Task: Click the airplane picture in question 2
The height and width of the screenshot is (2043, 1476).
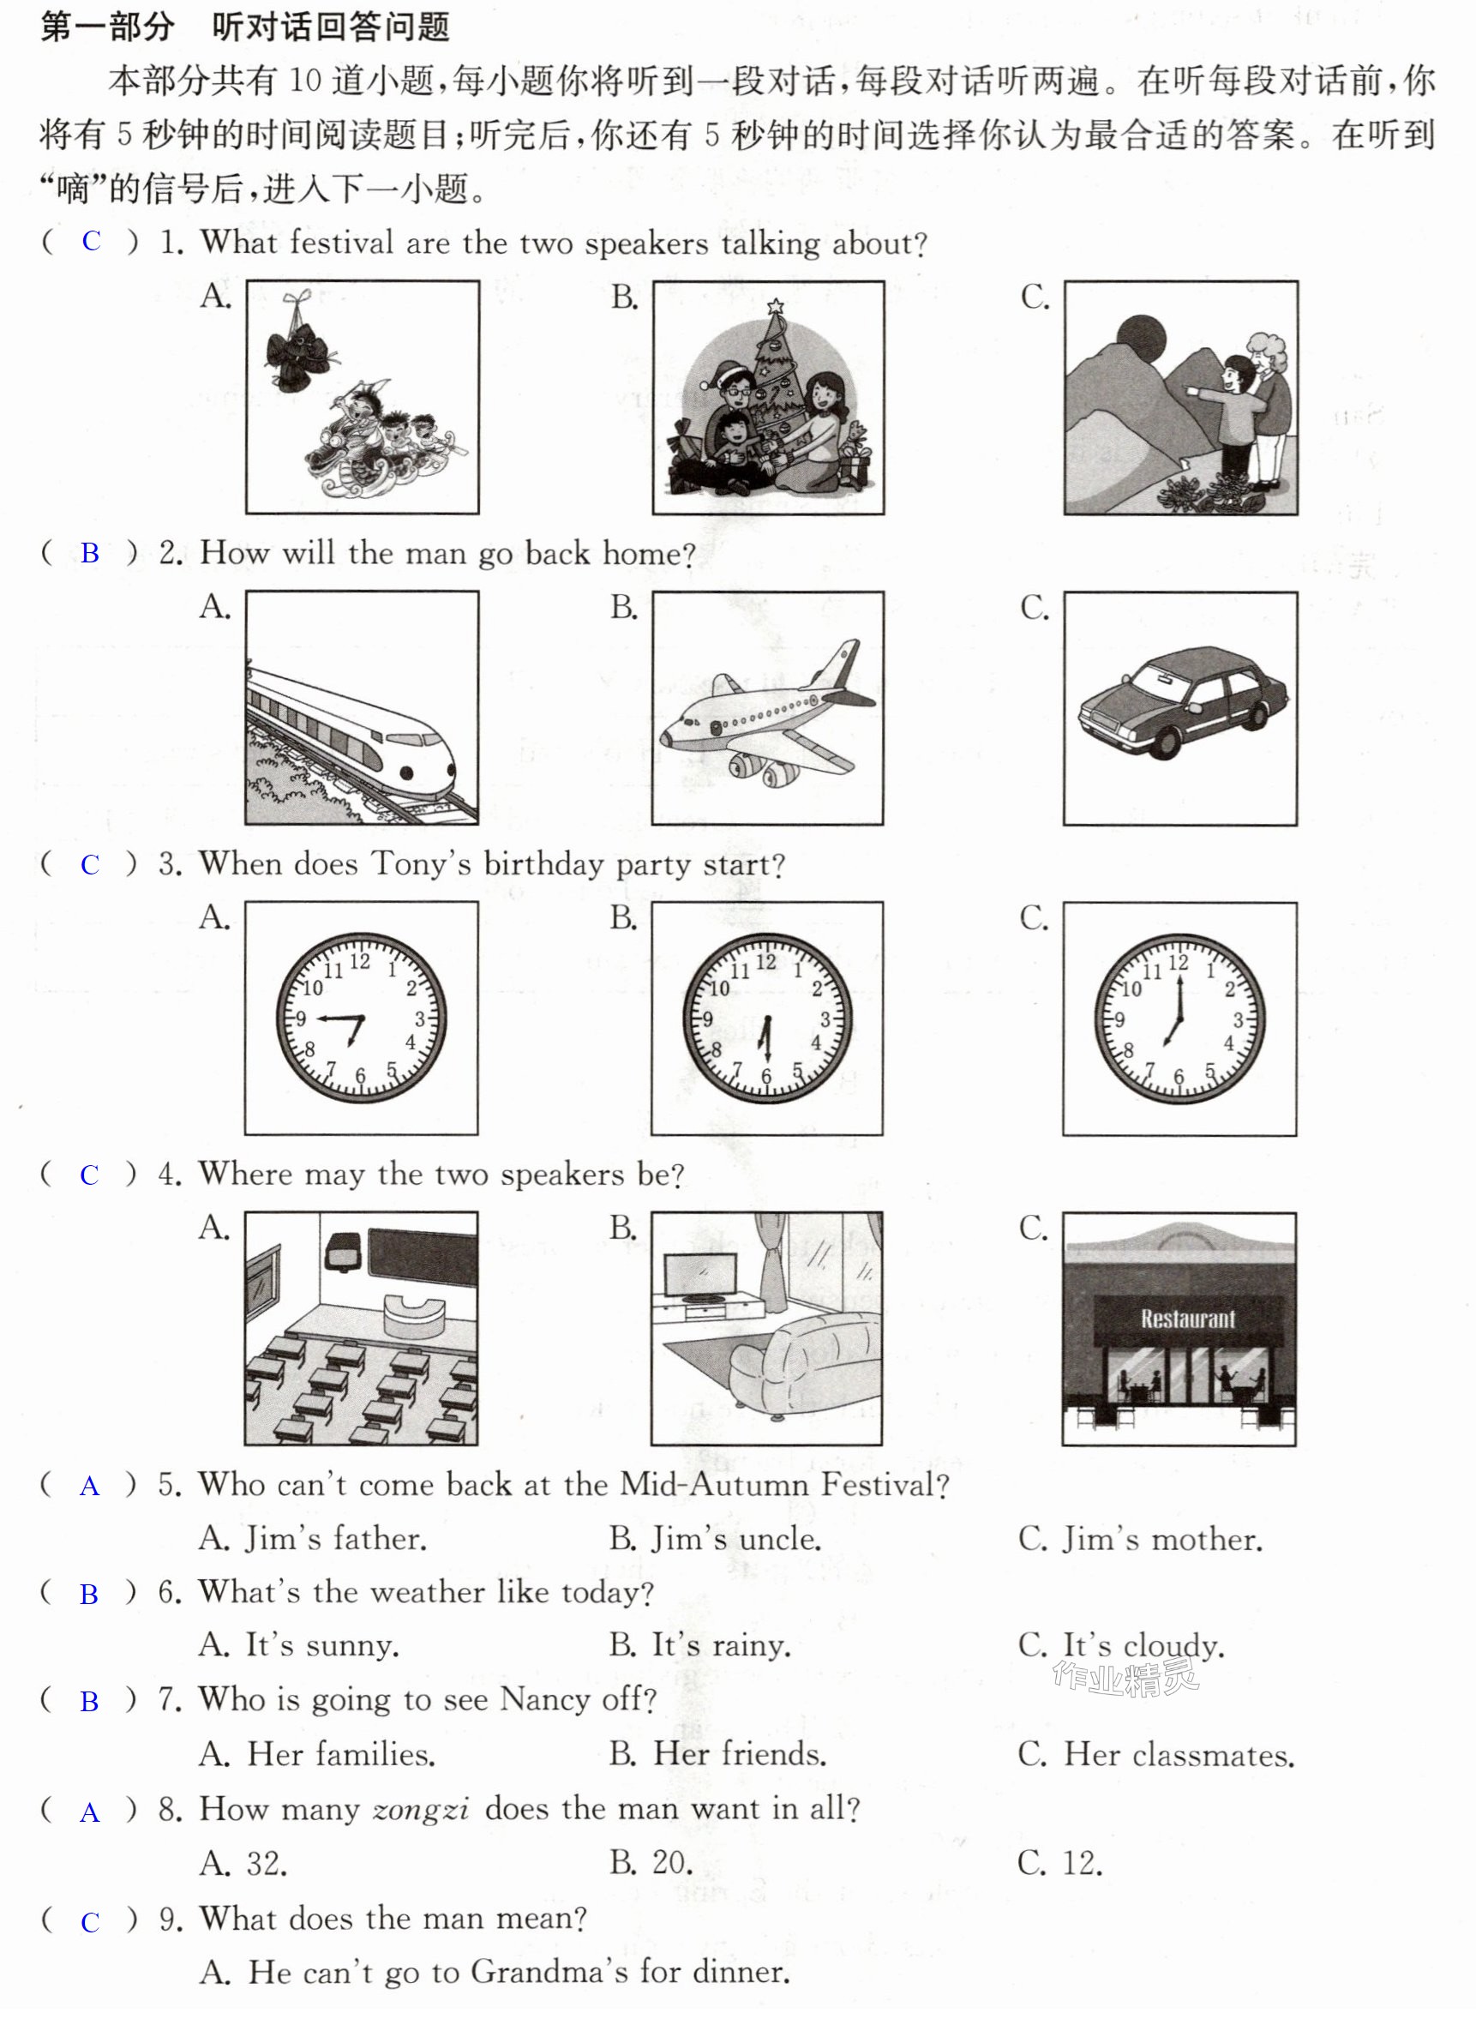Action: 767,708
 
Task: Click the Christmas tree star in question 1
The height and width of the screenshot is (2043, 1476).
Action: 776,307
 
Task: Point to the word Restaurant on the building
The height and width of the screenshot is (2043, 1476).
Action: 1188,1319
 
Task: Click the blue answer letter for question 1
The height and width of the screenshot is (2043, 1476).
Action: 91,241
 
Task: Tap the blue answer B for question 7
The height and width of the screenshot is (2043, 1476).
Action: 89,1702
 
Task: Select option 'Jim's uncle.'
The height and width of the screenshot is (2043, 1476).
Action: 715,1539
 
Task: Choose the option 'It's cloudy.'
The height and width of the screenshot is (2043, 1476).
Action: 1121,1646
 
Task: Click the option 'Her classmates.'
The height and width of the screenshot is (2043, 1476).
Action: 1156,1754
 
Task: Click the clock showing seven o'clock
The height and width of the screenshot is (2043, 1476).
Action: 1179,1018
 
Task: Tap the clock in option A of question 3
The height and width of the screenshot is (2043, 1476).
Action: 361,1018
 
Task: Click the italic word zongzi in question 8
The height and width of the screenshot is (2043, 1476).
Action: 421,1809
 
